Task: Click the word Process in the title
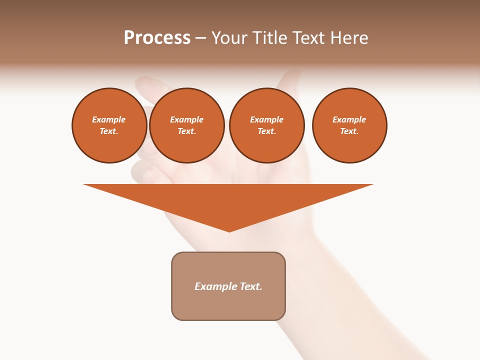tap(157, 38)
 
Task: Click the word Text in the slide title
tap(308, 38)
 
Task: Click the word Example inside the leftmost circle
tap(109, 119)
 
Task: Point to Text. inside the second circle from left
tap(186, 131)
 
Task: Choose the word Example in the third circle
tap(266, 119)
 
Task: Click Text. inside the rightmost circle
tap(349, 131)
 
